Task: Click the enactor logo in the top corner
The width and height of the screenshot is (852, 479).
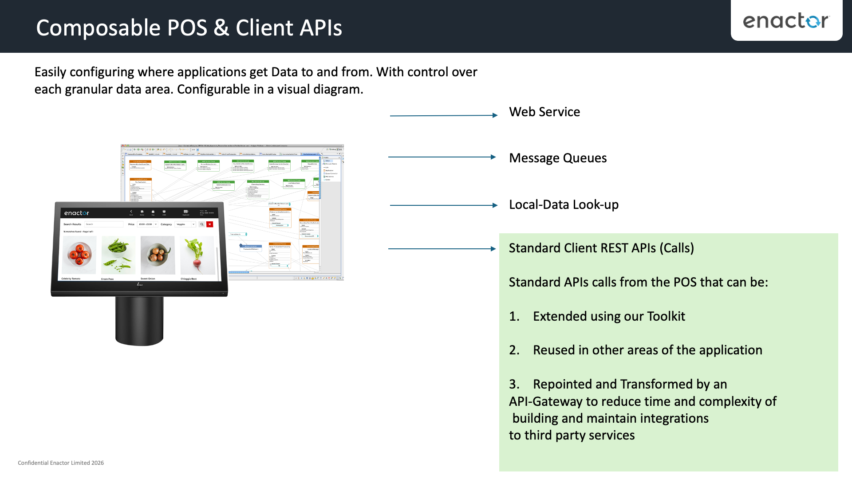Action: point(786,21)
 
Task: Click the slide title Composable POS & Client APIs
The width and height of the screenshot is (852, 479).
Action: point(189,27)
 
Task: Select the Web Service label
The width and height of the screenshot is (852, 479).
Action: point(544,112)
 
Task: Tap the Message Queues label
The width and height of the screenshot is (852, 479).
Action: point(557,158)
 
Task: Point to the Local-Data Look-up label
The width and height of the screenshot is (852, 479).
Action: point(563,204)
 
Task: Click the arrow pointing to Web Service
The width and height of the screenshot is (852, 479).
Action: point(444,115)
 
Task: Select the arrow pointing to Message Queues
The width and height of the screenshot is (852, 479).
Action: point(442,157)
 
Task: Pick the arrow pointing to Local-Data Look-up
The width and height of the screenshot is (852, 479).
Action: point(444,205)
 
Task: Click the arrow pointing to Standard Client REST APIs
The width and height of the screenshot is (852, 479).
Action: point(442,249)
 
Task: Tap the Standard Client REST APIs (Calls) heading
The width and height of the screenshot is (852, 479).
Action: point(601,248)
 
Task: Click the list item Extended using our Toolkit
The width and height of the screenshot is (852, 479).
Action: point(608,316)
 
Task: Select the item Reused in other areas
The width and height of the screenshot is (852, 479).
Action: point(647,350)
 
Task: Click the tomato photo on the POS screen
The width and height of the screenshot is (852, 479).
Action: point(79,255)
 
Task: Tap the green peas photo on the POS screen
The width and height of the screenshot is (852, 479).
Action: point(118,255)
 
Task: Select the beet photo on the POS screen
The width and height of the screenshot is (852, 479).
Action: point(197,255)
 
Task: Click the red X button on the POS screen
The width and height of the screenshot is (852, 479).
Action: point(210,224)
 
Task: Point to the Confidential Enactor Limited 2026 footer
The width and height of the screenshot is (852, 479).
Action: point(61,463)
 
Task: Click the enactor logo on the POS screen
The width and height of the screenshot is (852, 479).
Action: point(76,213)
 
